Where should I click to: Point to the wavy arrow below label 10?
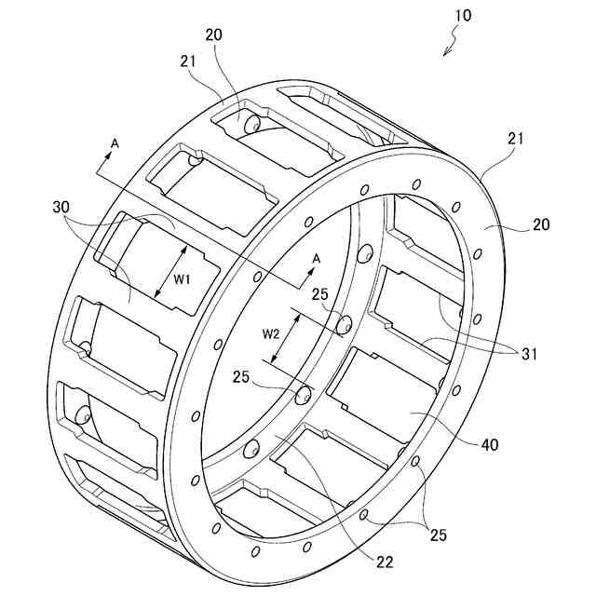pyautogui.click(x=451, y=43)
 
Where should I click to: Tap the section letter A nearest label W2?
pyautogui.click(x=316, y=258)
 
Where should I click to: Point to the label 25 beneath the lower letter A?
pyautogui.click(x=320, y=293)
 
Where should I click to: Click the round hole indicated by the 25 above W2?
pyautogui.click(x=344, y=324)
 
